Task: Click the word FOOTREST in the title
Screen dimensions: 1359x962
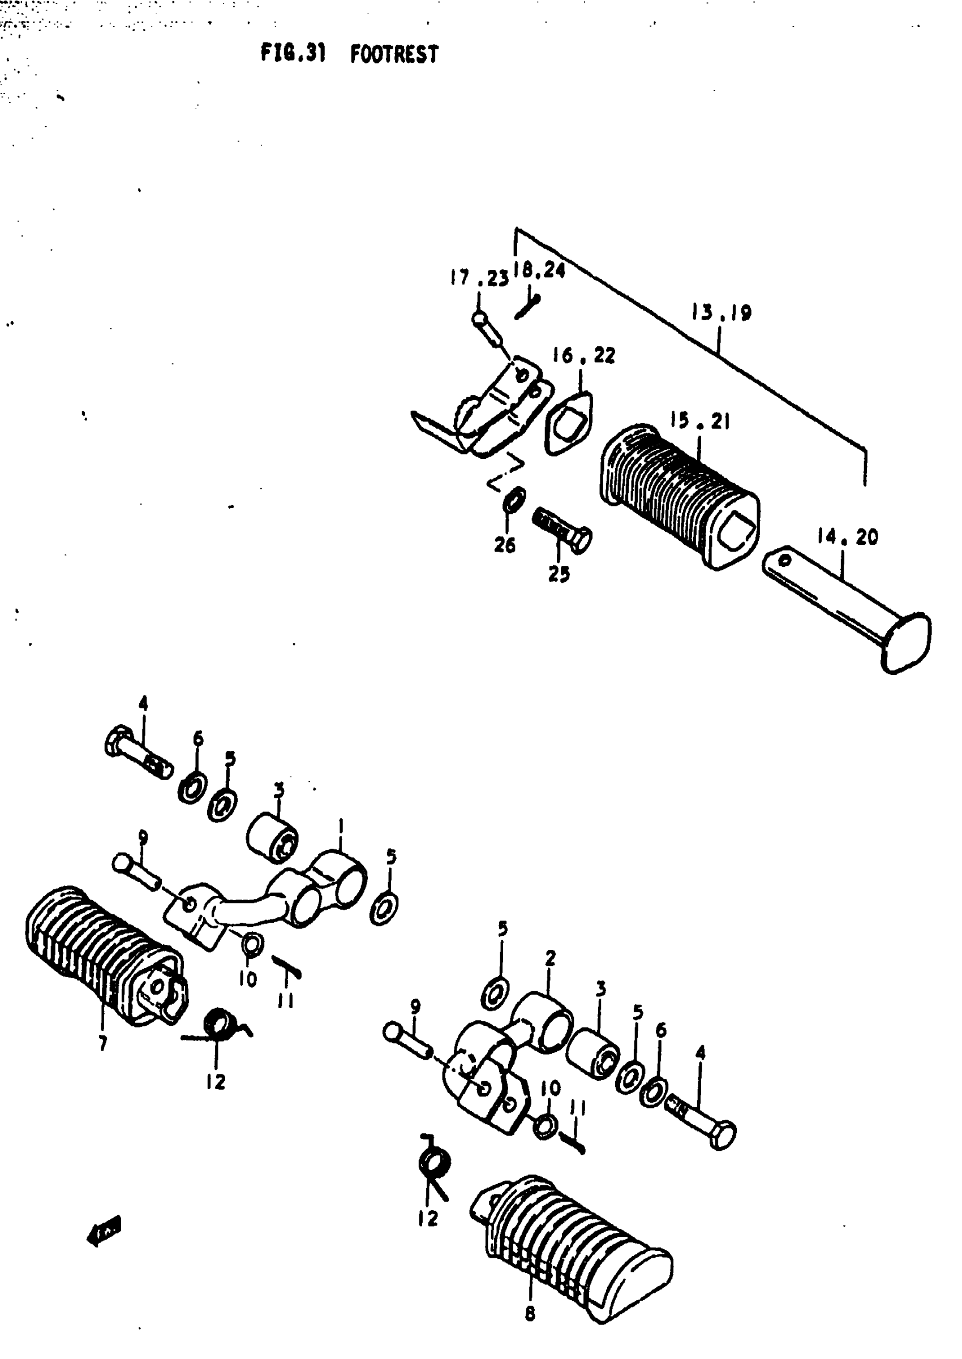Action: [394, 54]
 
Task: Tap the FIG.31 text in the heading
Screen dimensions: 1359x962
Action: [293, 53]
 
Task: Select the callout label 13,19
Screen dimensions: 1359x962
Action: [721, 312]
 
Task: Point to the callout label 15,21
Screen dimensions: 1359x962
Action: [699, 421]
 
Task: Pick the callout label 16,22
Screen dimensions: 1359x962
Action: [583, 355]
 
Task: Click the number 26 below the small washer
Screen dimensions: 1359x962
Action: [505, 545]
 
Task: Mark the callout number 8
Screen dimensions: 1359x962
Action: [530, 1313]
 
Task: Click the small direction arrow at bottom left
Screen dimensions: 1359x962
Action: [104, 1232]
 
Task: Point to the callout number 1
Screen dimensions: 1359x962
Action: [341, 825]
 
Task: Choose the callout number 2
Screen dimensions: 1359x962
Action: [550, 957]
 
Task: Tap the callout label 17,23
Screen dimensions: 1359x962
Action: [479, 278]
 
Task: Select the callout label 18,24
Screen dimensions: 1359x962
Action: [539, 270]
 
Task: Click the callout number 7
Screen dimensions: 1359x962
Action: [103, 1043]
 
